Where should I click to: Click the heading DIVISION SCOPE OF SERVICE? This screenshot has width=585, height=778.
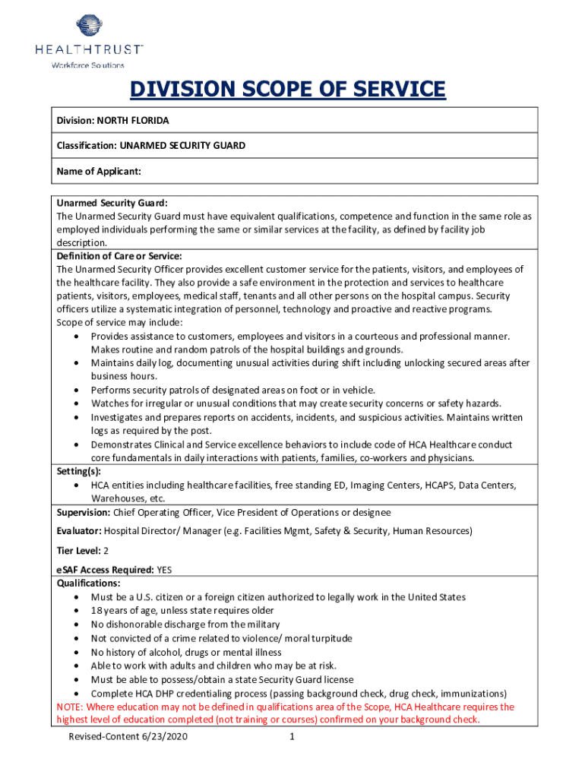point(287,90)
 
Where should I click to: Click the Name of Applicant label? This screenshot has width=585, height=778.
point(99,171)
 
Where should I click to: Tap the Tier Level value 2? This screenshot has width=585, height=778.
point(106,550)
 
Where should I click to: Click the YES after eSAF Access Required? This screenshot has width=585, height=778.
point(165,570)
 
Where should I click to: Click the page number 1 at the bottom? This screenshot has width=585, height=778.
point(292,737)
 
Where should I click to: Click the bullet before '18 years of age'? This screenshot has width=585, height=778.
point(79,611)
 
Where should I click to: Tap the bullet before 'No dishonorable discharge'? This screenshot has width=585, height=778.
point(79,625)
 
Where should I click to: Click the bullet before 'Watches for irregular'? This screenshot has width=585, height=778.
point(79,403)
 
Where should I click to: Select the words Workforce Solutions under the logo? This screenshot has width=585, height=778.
point(87,65)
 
